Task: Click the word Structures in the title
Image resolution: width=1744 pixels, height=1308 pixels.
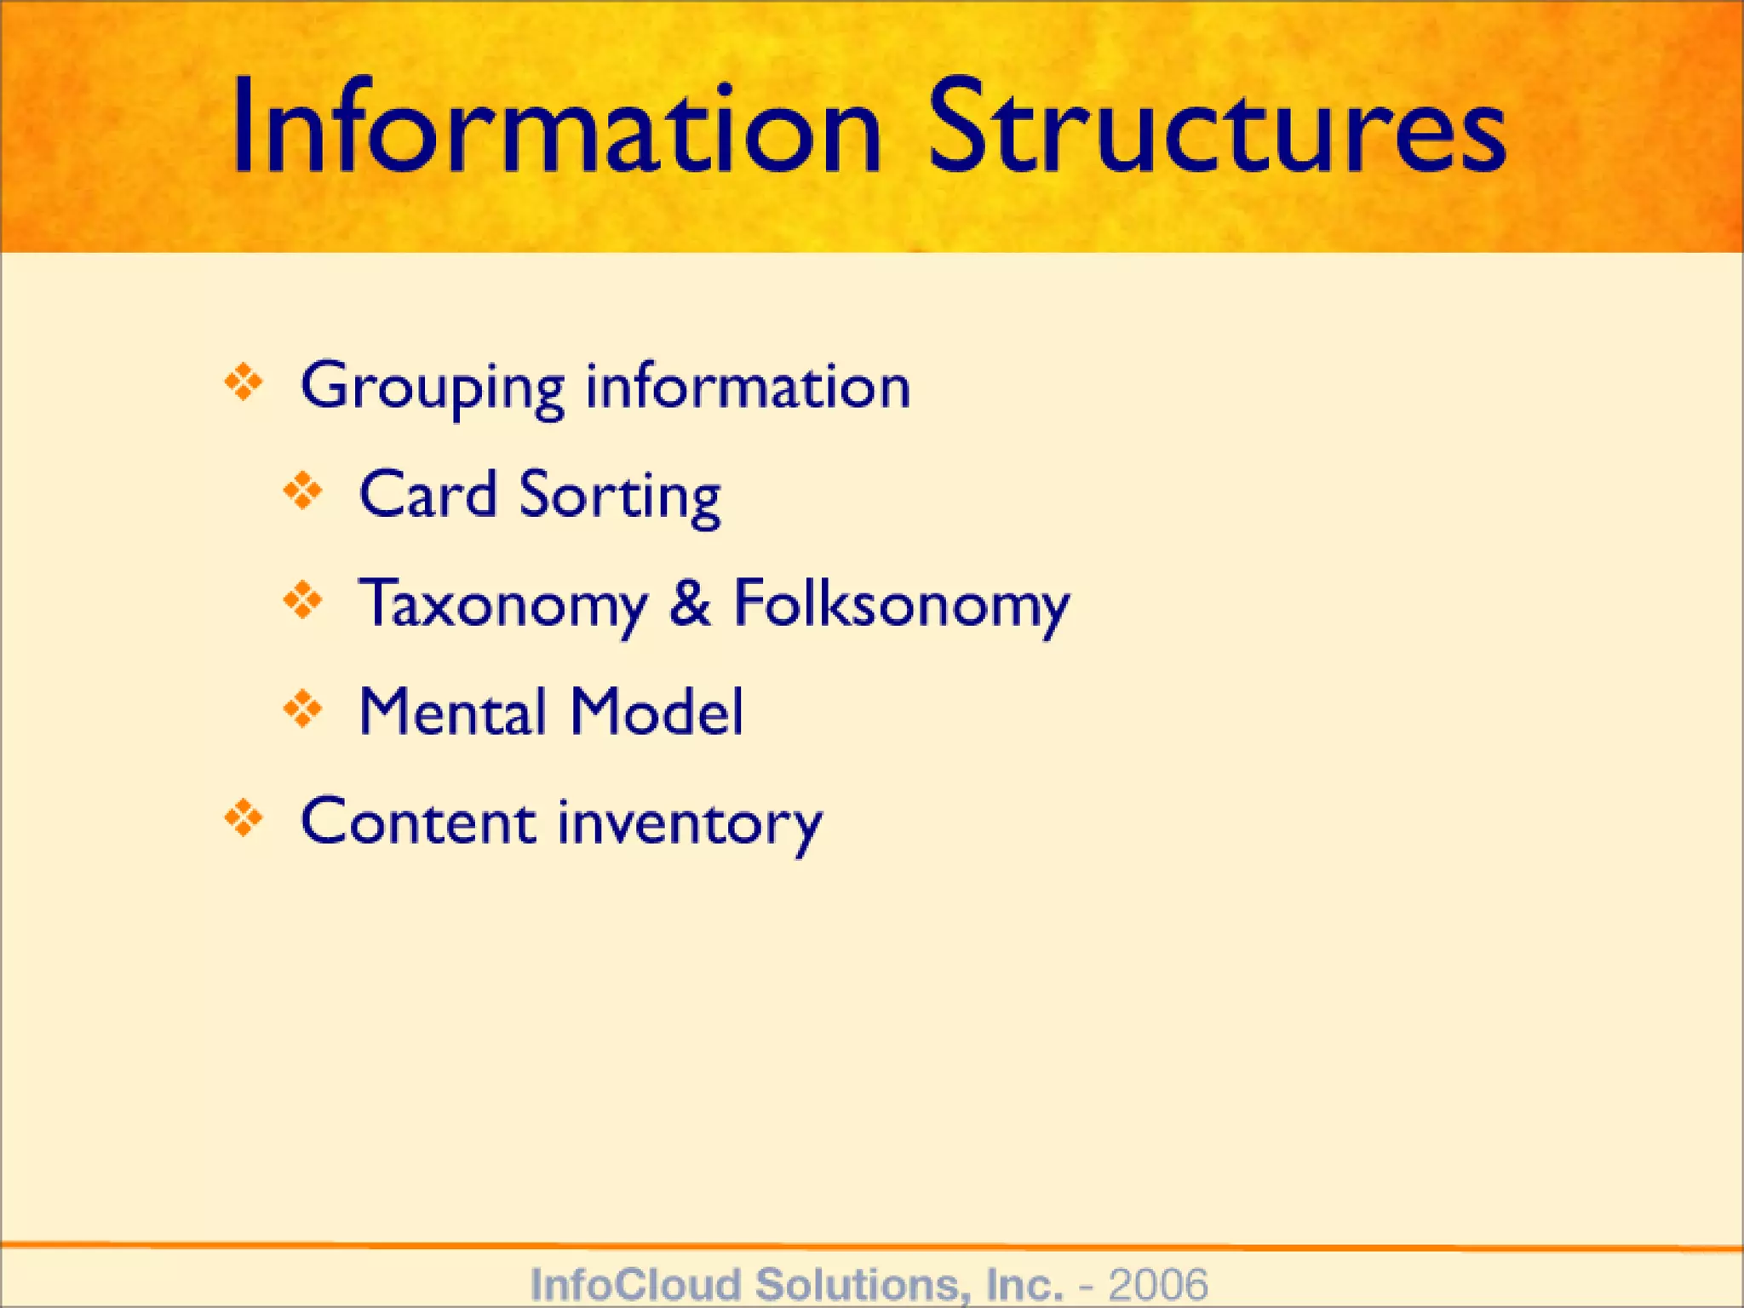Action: click(x=1217, y=128)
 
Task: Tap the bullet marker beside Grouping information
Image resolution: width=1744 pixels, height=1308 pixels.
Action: click(x=244, y=383)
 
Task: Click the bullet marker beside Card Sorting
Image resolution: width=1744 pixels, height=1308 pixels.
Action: click(x=303, y=491)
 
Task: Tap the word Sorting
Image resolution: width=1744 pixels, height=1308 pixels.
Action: click(x=620, y=497)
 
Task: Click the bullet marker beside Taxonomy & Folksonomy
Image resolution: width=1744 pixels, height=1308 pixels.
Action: click(x=303, y=600)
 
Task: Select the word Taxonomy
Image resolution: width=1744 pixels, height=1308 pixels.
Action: click(x=503, y=605)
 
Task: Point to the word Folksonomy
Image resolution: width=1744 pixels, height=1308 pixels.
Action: click(x=901, y=605)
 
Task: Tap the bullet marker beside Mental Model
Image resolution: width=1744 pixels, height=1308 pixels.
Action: click(x=303, y=709)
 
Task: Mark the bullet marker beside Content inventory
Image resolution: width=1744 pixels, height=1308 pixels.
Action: click(x=244, y=818)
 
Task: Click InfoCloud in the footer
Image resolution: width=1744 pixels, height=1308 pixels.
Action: click(x=635, y=1283)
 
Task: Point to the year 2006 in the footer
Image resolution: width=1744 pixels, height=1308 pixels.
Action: click(x=1157, y=1283)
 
